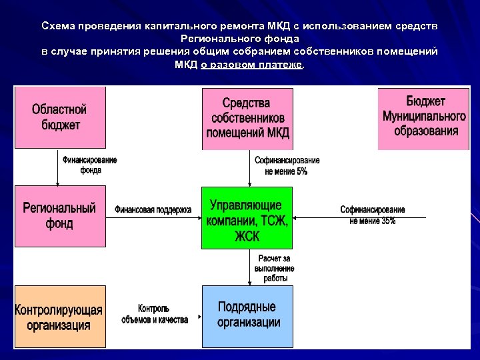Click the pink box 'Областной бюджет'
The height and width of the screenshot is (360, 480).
pos(60,117)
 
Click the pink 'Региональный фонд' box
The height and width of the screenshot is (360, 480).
pos(60,215)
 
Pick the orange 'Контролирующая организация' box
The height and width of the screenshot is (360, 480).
pos(60,317)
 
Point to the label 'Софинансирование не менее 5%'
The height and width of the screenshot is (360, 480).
pos(287,165)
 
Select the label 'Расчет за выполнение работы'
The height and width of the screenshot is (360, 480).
pos(274,268)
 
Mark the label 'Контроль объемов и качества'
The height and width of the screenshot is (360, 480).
pos(155,314)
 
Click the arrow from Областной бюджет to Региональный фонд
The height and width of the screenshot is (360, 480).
pos(58,167)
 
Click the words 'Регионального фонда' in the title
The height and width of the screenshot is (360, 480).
pos(240,39)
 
